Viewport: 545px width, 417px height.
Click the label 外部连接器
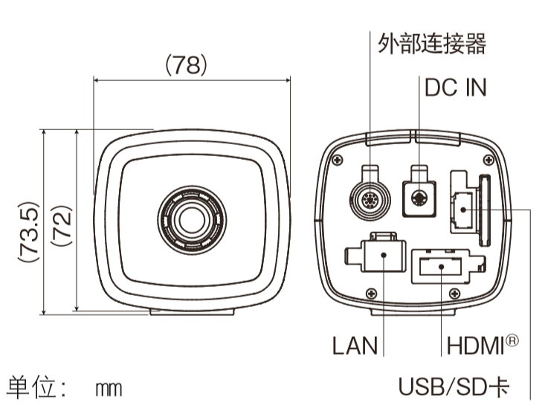pos(431,44)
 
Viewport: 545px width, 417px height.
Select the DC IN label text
pos(455,88)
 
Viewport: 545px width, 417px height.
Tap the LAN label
pos(355,346)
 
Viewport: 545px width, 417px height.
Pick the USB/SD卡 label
pos(454,387)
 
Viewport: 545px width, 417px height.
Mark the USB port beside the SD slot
pos(462,209)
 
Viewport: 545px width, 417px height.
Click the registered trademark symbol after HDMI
pos(512,340)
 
